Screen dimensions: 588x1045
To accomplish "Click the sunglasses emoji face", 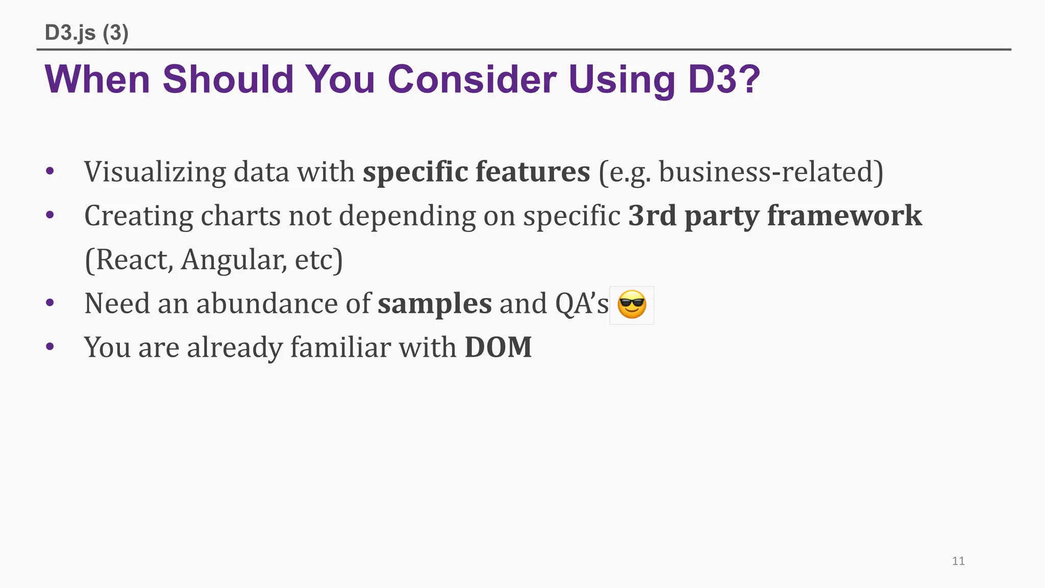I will pos(632,305).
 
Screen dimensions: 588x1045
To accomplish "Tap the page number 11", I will pos(958,561).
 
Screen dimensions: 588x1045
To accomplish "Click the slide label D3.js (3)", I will pos(87,33).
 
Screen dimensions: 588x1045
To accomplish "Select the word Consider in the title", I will pos(472,80).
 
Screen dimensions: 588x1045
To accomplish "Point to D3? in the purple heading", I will pos(724,80).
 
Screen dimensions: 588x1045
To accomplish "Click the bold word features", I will pos(533,171).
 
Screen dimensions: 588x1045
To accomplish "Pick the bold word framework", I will pos(844,215).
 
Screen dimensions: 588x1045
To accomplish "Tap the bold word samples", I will pos(435,303).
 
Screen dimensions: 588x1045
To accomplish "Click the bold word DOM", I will pos(498,347).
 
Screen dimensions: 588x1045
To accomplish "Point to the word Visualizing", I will pos(155,171).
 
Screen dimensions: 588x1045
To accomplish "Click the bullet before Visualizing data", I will pos(49,171).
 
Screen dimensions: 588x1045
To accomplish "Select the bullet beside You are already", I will pos(49,347).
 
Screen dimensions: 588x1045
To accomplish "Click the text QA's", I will pos(582,303).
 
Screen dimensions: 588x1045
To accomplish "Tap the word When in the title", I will pos(97,80).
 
